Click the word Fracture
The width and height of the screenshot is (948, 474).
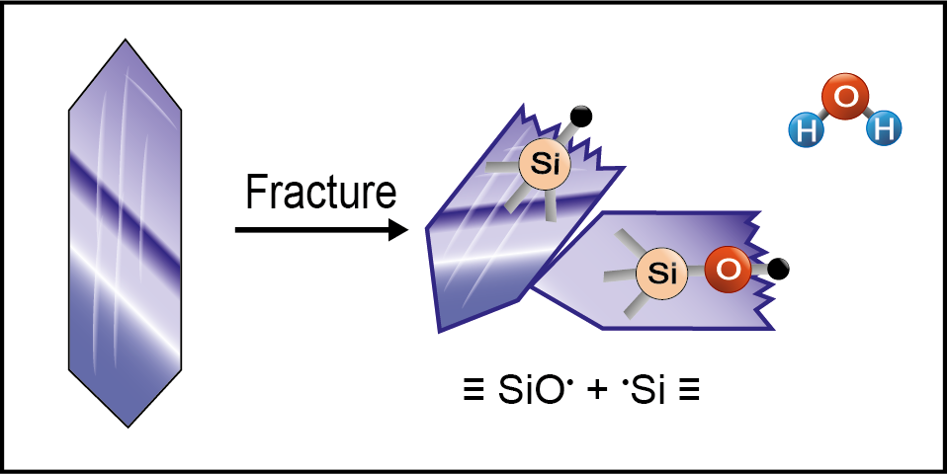coord(320,193)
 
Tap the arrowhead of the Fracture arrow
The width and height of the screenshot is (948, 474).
coord(398,231)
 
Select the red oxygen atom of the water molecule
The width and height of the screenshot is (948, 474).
coord(845,100)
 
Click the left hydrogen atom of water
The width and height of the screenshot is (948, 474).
coord(806,129)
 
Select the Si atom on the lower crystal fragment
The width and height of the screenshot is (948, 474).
coord(662,274)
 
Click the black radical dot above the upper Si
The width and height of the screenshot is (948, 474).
coord(581,117)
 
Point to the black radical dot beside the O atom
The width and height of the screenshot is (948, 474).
coord(779,267)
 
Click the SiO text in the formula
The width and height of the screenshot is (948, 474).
coord(519,389)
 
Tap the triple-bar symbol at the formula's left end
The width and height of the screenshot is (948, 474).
coord(459,390)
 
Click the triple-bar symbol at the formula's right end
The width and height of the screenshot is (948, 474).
coord(691,390)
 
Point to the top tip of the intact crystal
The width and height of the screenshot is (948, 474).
coord(126,40)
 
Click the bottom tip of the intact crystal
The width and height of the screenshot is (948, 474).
coord(128,427)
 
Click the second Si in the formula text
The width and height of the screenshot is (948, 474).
coord(648,389)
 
